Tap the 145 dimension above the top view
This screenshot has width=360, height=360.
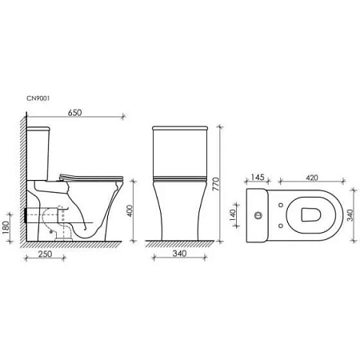[x=258, y=178]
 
